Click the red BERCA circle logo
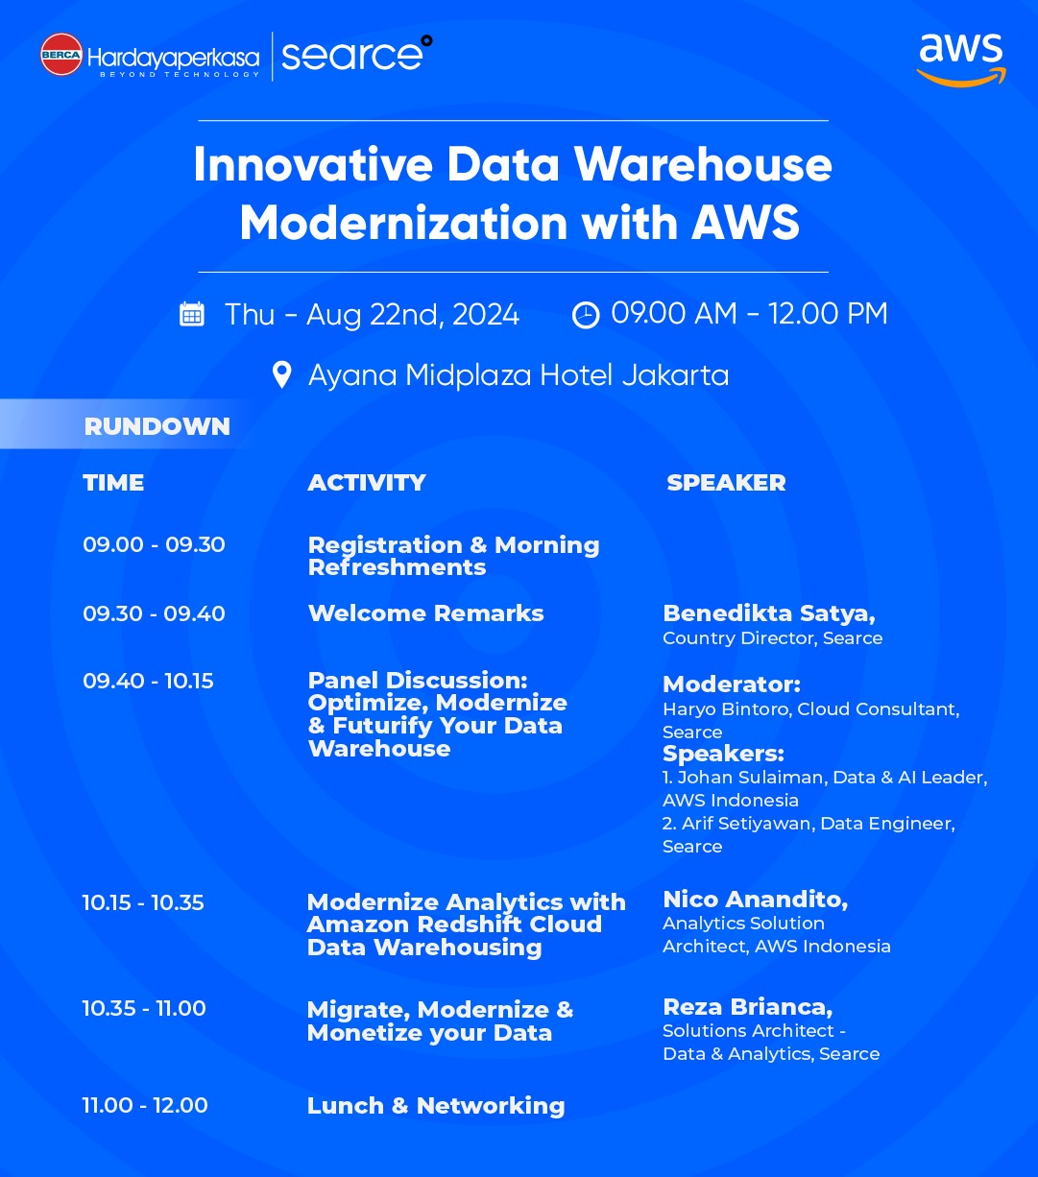[61, 54]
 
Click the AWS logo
[961, 60]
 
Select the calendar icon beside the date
[192, 314]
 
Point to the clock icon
[586, 315]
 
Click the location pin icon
[282, 374]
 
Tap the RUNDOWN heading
[157, 426]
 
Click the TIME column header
[113, 483]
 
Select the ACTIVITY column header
[367, 483]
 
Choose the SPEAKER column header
[726, 483]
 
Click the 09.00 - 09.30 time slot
[154, 544]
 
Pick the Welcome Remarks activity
[426, 613]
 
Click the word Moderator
[731, 685]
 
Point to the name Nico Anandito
[755, 900]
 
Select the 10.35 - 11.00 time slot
[144, 1009]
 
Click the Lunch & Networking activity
[436, 1106]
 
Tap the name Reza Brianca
[747, 1007]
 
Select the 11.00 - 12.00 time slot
[145, 1105]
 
